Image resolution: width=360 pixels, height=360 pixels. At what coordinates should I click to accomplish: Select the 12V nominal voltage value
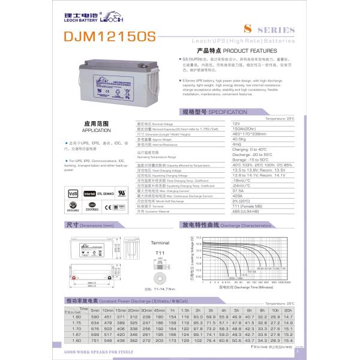235,122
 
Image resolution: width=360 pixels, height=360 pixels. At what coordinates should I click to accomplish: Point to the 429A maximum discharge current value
237,196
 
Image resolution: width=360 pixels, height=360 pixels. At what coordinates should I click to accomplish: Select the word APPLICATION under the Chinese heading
92,129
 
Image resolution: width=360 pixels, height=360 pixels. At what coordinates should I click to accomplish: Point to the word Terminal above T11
160,242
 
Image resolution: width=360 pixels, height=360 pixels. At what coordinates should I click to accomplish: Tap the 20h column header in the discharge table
288,310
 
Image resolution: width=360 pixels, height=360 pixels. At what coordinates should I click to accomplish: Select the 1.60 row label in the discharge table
76,340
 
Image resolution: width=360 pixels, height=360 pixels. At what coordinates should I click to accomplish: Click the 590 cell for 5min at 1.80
94,316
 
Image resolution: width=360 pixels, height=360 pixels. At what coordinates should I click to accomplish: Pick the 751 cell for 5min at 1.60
94,340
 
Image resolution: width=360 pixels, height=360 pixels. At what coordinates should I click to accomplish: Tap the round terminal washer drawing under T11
160,279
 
